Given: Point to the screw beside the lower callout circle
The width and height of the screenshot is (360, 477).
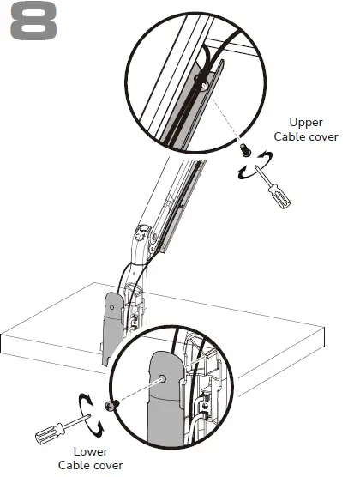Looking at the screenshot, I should tap(110, 405).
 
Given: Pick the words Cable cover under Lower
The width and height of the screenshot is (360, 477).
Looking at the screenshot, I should tap(91, 465).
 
